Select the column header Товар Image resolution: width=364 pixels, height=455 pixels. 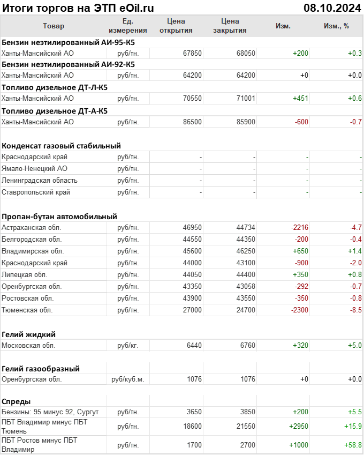(53, 26)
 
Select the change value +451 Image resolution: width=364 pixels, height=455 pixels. (299, 98)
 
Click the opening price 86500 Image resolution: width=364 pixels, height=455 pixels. (192, 122)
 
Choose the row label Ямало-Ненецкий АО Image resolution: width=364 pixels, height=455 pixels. (34, 169)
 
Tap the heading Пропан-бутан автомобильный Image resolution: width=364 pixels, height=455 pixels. (59, 217)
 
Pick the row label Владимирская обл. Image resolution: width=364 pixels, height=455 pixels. (33, 251)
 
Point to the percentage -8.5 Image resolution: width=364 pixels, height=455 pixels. (355, 310)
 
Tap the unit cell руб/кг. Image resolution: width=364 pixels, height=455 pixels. (127, 345)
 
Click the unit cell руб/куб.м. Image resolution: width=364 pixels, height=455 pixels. (127, 379)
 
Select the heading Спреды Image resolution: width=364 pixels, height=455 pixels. (16, 401)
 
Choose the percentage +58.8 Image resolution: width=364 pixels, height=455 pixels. (353, 445)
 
